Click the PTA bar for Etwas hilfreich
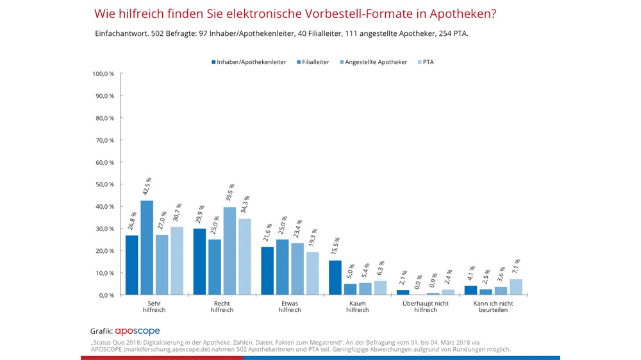click(312, 274)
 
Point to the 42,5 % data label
click(147, 187)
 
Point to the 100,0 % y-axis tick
click(103, 74)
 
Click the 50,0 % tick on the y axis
click(104, 184)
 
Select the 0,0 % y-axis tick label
click(106, 295)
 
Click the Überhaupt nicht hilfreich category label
click(425, 306)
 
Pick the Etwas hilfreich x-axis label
click(290, 306)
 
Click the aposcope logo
click(137, 331)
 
